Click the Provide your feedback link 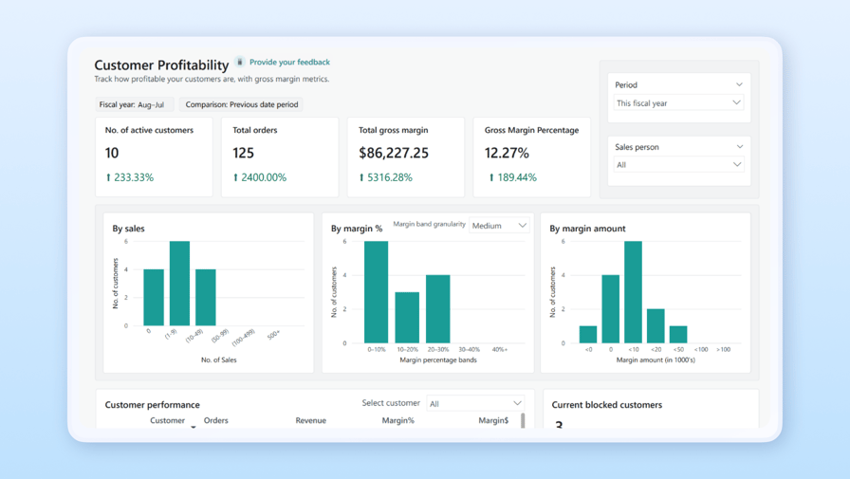point(289,63)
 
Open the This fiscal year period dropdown point(677,103)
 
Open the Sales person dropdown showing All point(677,165)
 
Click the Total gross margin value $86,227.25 point(394,153)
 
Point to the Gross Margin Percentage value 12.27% point(507,153)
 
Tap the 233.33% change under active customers point(130,177)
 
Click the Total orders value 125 point(244,153)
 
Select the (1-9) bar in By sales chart point(179,284)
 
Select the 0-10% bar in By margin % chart point(377,292)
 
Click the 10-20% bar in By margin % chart point(407,318)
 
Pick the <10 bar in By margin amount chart point(633,292)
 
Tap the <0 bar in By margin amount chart point(588,334)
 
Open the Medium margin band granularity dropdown point(499,226)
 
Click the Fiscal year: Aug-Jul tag point(132,105)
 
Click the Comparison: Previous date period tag point(241,105)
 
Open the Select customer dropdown point(475,404)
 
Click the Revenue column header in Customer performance point(310,421)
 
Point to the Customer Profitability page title point(161,65)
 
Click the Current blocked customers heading point(607,405)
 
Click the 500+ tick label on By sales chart point(273,334)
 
